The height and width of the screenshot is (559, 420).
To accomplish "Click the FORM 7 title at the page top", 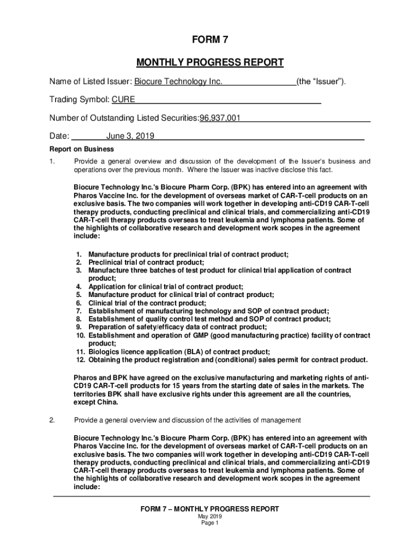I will (x=209, y=40).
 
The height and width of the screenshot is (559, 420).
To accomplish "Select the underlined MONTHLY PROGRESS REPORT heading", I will (x=209, y=62).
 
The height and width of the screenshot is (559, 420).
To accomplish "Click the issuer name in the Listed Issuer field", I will (x=178, y=82).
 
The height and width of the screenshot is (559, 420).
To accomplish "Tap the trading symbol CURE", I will (x=123, y=100).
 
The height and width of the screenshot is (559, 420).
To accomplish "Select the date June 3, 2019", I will (x=130, y=136).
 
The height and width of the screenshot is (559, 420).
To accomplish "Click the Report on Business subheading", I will (x=82, y=149).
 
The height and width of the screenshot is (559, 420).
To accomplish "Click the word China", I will (x=107, y=402).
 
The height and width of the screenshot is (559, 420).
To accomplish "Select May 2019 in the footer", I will (x=209, y=516).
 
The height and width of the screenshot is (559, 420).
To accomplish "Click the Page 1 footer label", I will (x=209, y=523).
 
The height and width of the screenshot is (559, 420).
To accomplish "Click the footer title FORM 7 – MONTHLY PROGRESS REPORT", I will (x=209, y=509).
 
